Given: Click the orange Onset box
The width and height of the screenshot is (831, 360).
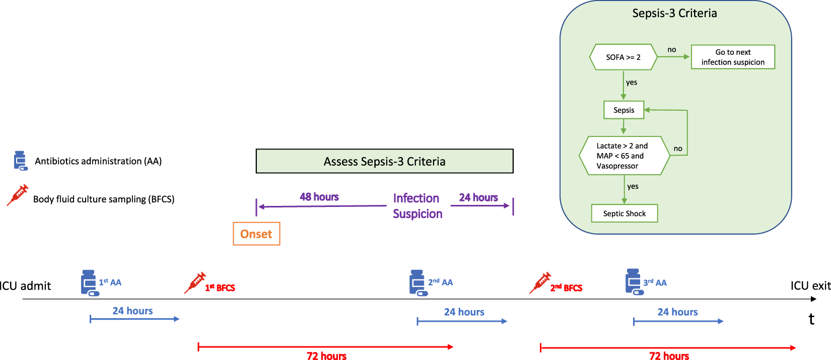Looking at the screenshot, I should (x=256, y=234).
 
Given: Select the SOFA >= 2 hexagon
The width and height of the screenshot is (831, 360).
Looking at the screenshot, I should (x=623, y=57).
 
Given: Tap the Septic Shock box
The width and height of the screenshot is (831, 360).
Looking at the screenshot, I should (x=624, y=213).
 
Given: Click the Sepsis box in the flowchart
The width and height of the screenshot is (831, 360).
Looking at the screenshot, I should (x=624, y=110).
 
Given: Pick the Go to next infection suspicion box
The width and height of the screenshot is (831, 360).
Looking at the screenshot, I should (x=733, y=57).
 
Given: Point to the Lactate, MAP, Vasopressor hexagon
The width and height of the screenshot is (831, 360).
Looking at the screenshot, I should (x=624, y=156).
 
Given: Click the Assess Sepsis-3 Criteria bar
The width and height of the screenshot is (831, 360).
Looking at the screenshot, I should (x=384, y=161).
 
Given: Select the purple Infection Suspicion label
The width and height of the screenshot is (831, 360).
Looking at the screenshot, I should (x=417, y=205).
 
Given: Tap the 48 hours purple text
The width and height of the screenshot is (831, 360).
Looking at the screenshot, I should (x=319, y=197).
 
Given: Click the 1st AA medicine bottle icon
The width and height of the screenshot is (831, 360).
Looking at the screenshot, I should (x=89, y=282).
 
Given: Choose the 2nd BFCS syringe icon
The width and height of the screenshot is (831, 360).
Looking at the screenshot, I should (x=540, y=283).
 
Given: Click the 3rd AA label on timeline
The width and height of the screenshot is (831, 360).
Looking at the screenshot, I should (x=655, y=283).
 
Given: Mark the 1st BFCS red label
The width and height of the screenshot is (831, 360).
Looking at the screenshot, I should (x=220, y=288).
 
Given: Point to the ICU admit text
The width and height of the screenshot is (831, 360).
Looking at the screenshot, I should (x=25, y=286).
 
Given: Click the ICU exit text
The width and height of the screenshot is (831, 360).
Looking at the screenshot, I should (x=810, y=285).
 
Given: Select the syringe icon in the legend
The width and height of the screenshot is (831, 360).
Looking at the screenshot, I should (x=18, y=195).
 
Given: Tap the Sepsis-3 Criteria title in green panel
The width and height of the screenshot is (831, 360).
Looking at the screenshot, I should (x=674, y=13).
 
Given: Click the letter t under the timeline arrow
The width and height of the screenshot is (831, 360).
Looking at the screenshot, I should (x=811, y=319).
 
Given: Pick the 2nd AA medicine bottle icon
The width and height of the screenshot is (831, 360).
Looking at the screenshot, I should (x=418, y=282).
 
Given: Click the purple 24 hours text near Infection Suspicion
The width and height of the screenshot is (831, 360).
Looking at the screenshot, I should (x=478, y=197).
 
